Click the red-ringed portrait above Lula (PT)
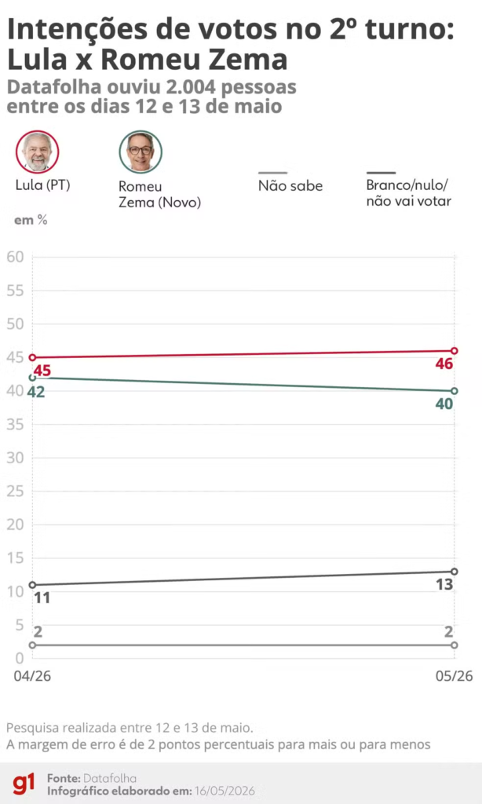tap(38, 152)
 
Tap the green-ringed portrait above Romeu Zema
tap(141, 152)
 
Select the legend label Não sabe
tap(290, 185)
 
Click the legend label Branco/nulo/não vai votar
tap(409, 193)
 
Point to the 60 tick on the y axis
tap(16, 257)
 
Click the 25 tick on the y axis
tap(16, 492)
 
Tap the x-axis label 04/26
tap(32, 676)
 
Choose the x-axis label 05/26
tap(455, 676)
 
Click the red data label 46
tap(444, 364)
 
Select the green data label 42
tap(36, 393)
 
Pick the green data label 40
tap(444, 404)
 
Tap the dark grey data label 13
tap(444, 584)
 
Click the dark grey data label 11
tap(42, 598)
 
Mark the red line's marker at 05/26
tap(455, 351)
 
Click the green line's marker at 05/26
tap(455, 391)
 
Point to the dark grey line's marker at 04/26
tap(32, 584)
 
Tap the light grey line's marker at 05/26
tap(455, 645)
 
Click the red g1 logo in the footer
tap(24, 784)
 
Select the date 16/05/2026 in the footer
tap(224, 791)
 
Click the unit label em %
tap(31, 220)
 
